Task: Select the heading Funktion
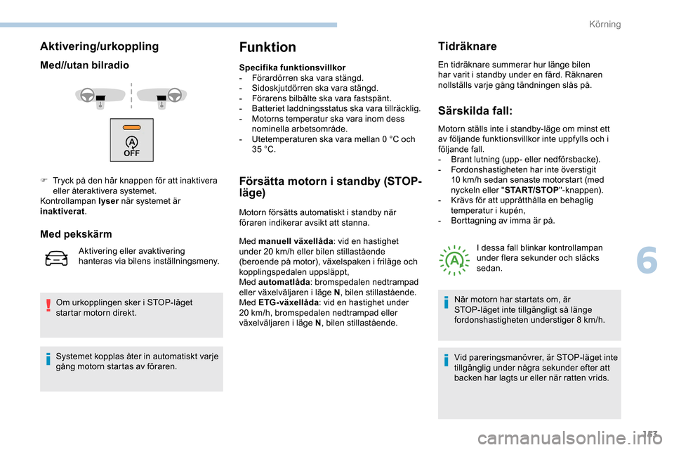267,48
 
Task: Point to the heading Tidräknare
467,46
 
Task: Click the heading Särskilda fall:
475,110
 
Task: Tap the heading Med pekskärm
76,233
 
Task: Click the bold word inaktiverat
62,211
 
